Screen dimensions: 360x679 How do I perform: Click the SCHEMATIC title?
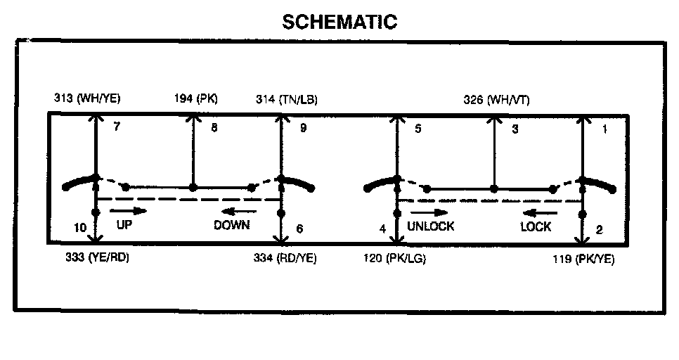pyautogui.click(x=339, y=22)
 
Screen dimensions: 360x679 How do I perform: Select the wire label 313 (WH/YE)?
pyautogui.click(x=87, y=99)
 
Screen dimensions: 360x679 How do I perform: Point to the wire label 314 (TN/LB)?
pyautogui.click(x=286, y=99)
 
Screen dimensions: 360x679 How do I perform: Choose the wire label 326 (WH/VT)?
pyautogui.click(x=496, y=99)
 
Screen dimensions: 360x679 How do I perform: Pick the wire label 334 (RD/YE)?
pyautogui.click(x=285, y=258)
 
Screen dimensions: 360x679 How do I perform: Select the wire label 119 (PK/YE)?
pyautogui.click(x=583, y=259)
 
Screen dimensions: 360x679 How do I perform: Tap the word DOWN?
pyautogui.click(x=232, y=226)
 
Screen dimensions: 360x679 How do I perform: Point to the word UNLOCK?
pyautogui.click(x=430, y=226)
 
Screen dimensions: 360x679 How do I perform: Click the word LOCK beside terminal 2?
pyautogui.click(x=536, y=226)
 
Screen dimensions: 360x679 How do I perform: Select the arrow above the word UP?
pyautogui.click(x=129, y=210)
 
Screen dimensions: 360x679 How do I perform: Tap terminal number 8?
pyautogui.click(x=214, y=129)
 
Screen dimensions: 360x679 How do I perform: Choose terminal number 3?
pyautogui.click(x=515, y=129)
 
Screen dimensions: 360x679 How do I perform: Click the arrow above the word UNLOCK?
pyautogui.click(x=429, y=212)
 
